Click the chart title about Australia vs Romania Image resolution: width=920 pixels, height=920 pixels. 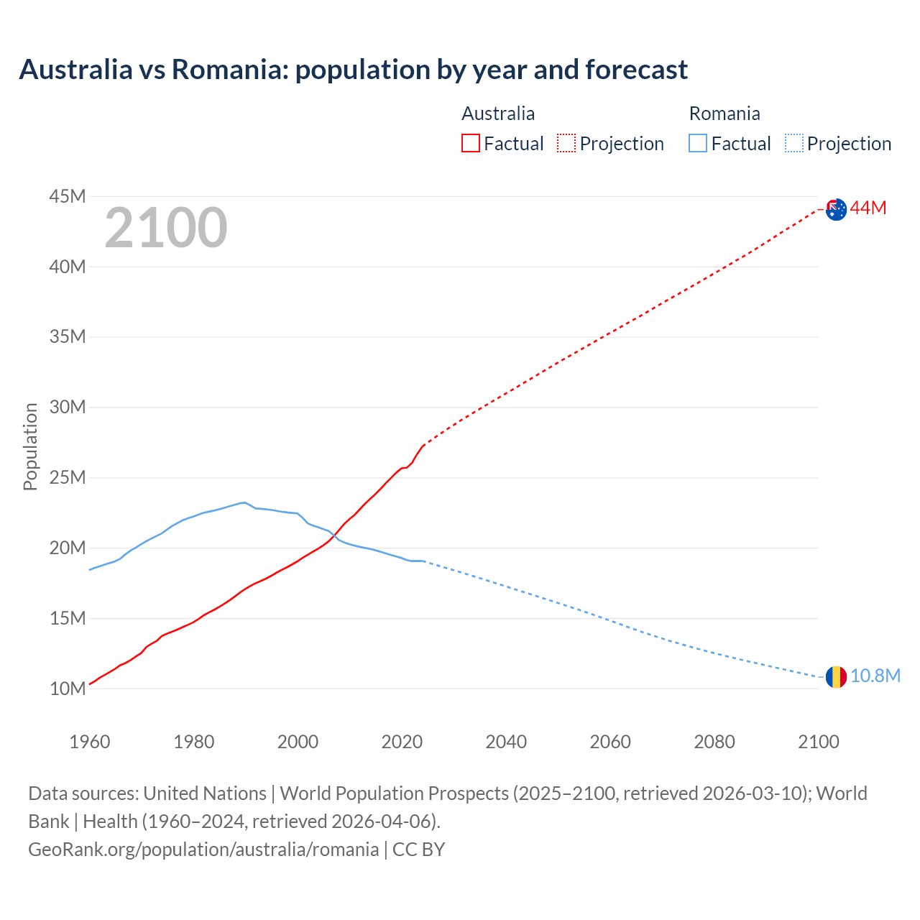[x=353, y=70]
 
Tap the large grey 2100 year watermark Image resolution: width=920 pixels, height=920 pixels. [x=166, y=228]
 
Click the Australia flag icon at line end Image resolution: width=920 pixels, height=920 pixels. [x=836, y=209]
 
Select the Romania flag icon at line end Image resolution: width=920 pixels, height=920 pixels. [x=836, y=676]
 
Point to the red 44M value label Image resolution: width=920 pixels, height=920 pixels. [x=868, y=208]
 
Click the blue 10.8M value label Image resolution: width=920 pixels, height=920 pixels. [x=875, y=676]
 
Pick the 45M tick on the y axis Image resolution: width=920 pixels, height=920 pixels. [x=68, y=196]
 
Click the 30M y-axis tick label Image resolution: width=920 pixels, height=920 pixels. [x=68, y=408]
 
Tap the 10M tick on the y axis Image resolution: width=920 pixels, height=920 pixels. [x=68, y=689]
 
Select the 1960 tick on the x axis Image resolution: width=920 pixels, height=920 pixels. [x=90, y=742]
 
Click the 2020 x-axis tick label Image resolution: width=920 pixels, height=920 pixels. [x=402, y=742]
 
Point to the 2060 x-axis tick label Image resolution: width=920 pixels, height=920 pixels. [x=610, y=742]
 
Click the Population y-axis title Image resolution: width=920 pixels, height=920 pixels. [x=30, y=446]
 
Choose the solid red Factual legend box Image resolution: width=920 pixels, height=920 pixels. [x=471, y=144]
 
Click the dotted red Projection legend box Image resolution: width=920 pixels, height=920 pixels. [x=566, y=144]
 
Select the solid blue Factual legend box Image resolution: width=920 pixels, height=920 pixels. [x=698, y=144]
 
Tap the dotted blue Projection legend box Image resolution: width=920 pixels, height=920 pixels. [x=793, y=144]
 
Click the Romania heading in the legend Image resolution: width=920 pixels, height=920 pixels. [x=724, y=114]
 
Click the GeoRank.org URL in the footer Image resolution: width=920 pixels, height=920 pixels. [x=203, y=850]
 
